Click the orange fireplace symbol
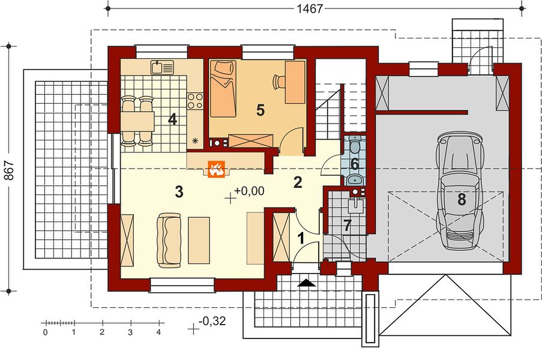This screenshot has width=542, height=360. pos(216,169)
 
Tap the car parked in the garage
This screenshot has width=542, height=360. pos(459,190)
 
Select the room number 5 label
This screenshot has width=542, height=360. pos(260,110)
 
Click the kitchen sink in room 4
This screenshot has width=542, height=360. pos(162,67)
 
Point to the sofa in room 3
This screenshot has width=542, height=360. pos(169,241)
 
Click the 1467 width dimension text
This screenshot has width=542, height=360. pos(310,8)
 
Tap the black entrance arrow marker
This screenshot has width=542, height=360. pos(307,283)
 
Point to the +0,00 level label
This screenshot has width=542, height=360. pos(249,191)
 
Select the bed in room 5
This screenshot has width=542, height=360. pos(223,89)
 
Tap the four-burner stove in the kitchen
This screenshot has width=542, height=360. pos(195,101)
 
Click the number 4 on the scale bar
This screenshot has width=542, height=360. pos(158,332)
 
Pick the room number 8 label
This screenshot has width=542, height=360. pos(462,200)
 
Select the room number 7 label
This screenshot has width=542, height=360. pos(347,226)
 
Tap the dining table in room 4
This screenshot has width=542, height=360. pos(137,121)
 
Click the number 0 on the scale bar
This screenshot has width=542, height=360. pos(46,332)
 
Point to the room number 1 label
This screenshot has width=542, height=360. pos(301,238)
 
